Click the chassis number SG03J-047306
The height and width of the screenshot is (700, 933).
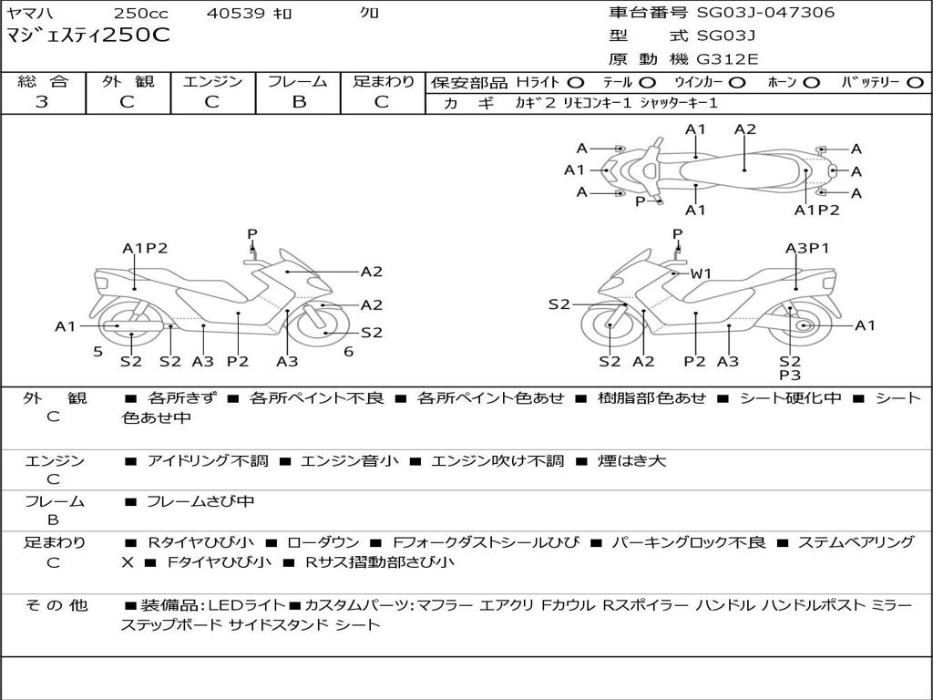point(765,13)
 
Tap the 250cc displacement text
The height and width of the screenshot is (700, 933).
point(138,14)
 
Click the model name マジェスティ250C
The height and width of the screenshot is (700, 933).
point(88,36)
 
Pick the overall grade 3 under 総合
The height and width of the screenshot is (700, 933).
point(42,101)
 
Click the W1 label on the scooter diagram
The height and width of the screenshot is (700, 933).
point(700,273)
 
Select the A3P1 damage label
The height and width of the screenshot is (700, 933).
point(807,248)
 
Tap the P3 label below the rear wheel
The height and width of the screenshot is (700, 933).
point(790,375)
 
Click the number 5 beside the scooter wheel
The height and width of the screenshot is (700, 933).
point(97,351)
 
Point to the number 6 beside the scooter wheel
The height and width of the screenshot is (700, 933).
point(348,351)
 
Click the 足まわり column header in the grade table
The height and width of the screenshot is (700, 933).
point(384,82)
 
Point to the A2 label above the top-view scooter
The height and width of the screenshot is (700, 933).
point(744,129)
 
